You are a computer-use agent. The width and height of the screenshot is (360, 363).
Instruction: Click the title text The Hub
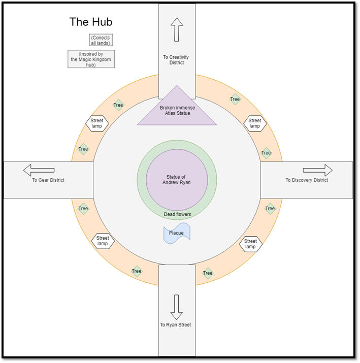tap(91, 22)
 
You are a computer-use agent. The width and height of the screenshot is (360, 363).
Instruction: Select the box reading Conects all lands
tap(100, 40)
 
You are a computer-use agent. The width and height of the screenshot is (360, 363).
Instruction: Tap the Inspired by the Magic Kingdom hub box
tap(91, 59)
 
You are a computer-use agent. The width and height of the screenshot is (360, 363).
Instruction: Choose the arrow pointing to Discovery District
tap(317, 170)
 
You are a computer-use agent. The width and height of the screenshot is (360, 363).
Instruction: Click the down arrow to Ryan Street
tap(176, 307)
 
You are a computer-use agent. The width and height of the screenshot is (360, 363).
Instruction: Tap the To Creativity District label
tap(177, 60)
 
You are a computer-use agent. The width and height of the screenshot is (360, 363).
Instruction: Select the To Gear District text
tap(48, 180)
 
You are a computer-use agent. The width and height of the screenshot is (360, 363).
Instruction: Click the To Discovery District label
tap(307, 180)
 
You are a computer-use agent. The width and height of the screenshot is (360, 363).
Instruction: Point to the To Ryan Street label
tap(176, 325)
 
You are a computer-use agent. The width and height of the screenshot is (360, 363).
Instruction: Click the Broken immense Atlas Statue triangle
tap(176, 110)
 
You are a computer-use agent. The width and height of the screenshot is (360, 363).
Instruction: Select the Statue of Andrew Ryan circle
tap(177, 179)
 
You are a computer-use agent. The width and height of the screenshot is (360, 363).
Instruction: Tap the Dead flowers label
tap(177, 214)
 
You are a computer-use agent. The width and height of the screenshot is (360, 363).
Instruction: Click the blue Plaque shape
tap(177, 233)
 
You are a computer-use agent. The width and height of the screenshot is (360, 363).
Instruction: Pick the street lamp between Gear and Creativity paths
tap(97, 123)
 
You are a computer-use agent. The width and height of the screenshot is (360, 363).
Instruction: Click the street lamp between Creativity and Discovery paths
tap(255, 123)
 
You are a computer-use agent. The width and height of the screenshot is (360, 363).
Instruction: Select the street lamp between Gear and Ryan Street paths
tap(103, 241)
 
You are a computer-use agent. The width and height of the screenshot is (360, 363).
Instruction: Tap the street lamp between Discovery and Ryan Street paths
tap(250, 244)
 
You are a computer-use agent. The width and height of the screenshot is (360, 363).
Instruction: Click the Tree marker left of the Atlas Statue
tap(118, 106)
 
